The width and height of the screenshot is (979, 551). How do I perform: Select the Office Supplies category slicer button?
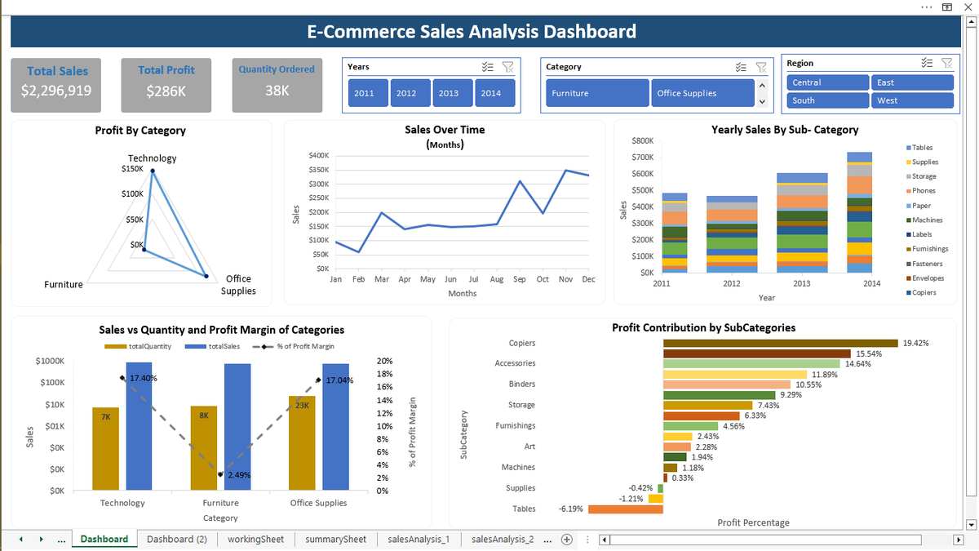pos(701,93)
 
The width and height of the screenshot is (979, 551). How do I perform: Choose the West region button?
pos(911,100)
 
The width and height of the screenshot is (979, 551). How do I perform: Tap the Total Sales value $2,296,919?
pos(56,91)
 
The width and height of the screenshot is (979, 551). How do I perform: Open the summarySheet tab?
pos(335,539)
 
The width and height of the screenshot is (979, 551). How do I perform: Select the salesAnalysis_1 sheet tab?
pos(419,539)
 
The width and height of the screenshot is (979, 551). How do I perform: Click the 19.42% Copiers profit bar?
pos(780,343)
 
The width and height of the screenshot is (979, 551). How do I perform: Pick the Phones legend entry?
pos(924,191)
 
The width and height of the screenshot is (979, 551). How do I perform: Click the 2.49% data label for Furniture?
pos(239,474)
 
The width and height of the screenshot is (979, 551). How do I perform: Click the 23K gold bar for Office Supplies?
pos(302,441)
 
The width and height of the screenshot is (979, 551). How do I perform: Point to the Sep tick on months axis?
pos(520,279)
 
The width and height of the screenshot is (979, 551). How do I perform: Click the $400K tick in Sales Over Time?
pos(318,155)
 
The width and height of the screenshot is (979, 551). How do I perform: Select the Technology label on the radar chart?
pos(152,158)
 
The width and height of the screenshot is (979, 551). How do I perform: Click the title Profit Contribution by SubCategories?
pos(703,327)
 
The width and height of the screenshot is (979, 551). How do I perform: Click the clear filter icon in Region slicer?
pos(946,63)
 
